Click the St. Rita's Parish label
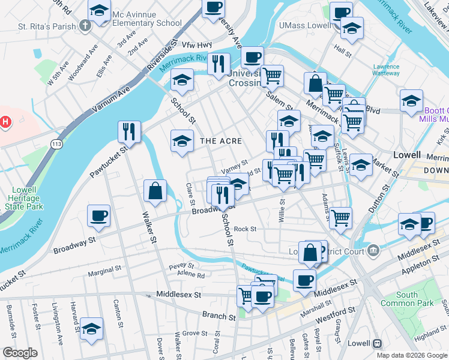[47, 26]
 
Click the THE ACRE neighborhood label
[221, 141]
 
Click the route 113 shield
[57, 144]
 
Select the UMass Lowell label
[305, 26]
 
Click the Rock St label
[245, 229]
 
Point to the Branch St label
[218, 316]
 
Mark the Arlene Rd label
[191, 275]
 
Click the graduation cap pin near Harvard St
[91, 329]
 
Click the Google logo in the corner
[20, 353]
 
